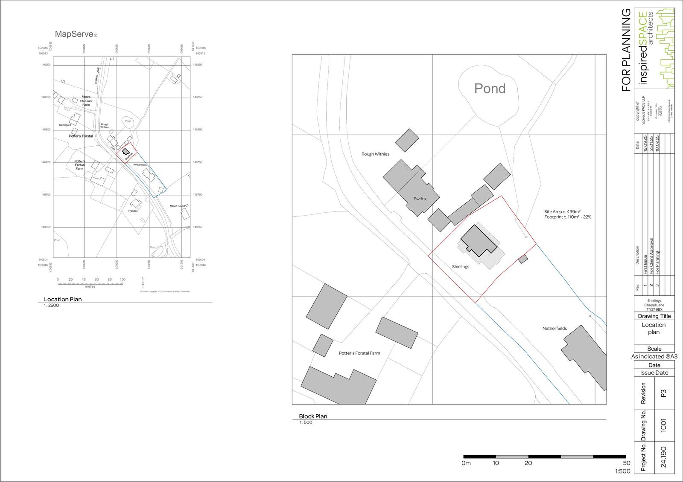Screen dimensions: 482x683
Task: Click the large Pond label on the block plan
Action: tap(490, 88)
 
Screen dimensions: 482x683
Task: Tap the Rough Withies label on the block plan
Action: tap(375, 154)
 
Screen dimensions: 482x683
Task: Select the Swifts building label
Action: tap(420, 199)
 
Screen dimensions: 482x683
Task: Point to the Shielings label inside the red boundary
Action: tap(461, 267)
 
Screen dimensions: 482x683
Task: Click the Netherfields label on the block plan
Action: tap(555, 328)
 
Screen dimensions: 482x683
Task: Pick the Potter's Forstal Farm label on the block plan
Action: tap(359, 353)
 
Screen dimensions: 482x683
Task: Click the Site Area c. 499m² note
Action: tap(562, 211)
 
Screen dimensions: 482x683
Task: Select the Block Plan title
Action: tap(313, 416)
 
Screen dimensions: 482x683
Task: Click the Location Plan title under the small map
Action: tap(63, 299)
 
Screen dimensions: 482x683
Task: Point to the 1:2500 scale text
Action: tap(51, 306)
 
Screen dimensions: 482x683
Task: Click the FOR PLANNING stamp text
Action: tap(626, 50)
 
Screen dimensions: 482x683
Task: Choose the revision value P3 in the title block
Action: tap(663, 393)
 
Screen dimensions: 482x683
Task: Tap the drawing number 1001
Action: tap(663, 425)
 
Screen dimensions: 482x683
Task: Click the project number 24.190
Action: tap(663, 457)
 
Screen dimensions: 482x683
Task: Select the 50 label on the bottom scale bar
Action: tap(626, 463)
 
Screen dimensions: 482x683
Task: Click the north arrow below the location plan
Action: tap(143, 282)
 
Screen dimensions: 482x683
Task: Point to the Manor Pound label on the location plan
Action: tap(177, 206)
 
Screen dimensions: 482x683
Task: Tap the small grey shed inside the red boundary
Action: tap(523, 258)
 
